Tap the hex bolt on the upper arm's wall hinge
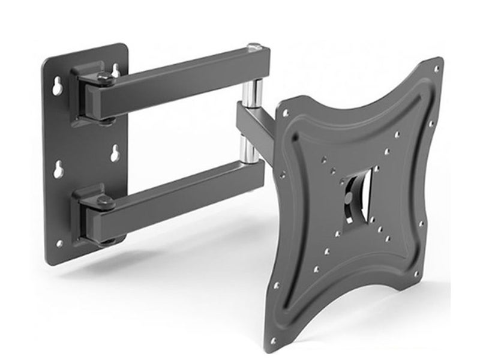pyautogui.click(x=104, y=78)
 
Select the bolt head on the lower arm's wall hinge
pyautogui.click(x=106, y=202)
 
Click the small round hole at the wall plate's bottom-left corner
pyautogui.click(x=59, y=243)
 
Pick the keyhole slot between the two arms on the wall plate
pyautogui.click(x=113, y=154)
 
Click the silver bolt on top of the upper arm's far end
pyautogui.click(x=254, y=47)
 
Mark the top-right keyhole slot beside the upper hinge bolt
pyautogui.click(x=116, y=71)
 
